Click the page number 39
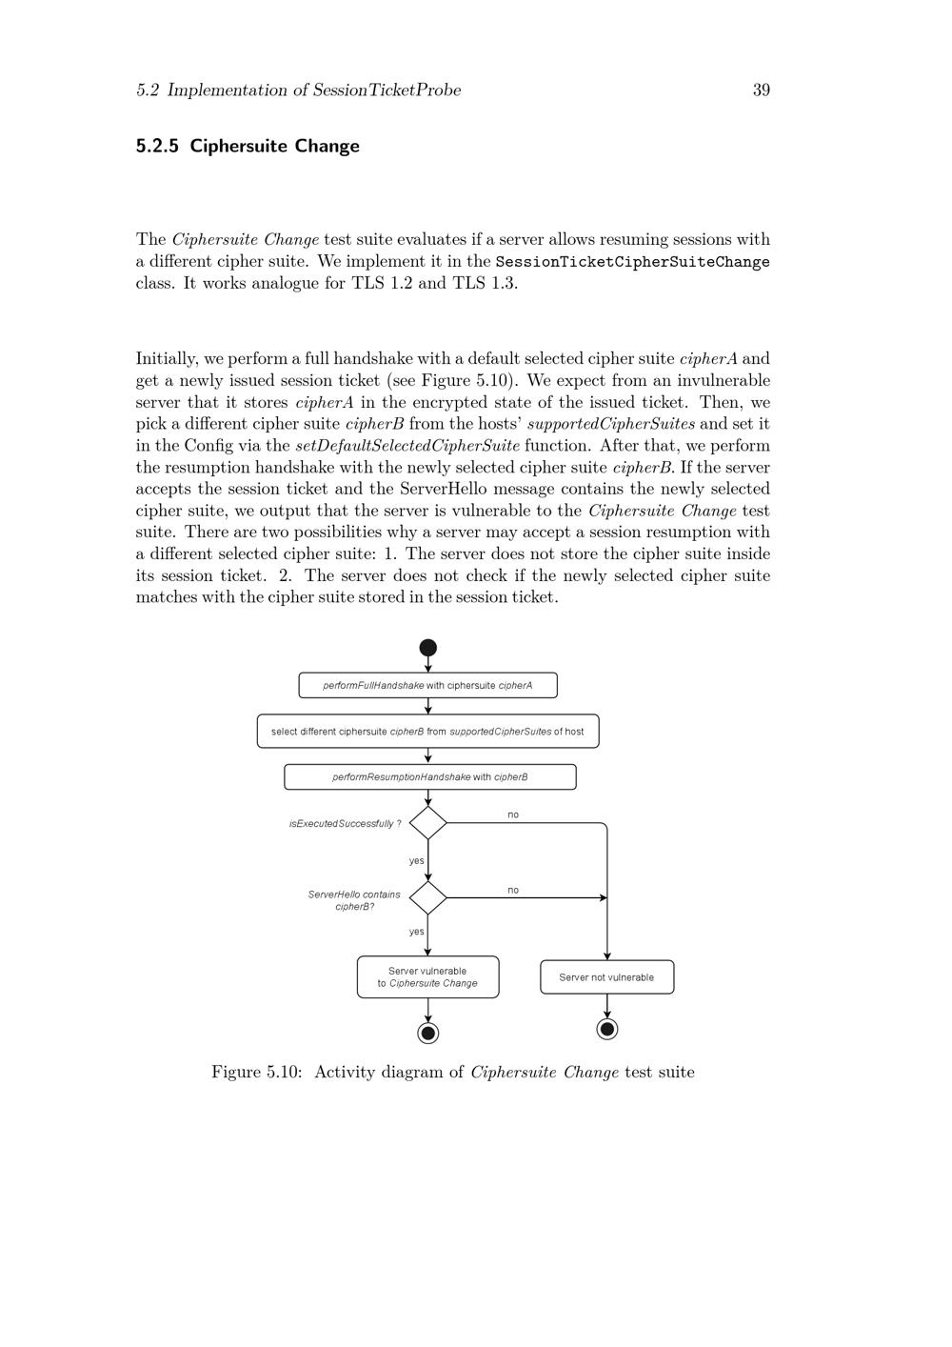tap(761, 90)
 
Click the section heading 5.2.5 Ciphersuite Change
tap(248, 146)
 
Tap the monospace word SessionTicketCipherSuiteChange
tap(632, 262)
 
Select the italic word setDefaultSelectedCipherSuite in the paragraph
tap(407, 446)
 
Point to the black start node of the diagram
tap(428, 648)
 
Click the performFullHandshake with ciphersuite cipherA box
tap(427, 685)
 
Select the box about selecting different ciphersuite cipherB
tap(427, 732)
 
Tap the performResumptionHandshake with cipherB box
tap(429, 777)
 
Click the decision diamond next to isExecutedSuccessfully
tap(428, 823)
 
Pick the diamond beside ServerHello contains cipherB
tap(428, 897)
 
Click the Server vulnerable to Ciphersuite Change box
tap(427, 977)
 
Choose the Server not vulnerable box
tap(606, 977)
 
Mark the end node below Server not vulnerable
tap(606, 1029)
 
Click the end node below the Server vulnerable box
tap(428, 1033)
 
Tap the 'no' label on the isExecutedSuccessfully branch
tap(513, 814)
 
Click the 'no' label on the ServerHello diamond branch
tap(513, 890)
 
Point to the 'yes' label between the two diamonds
tap(416, 860)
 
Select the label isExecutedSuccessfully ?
tap(345, 824)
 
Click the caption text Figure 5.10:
tap(256, 1073)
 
